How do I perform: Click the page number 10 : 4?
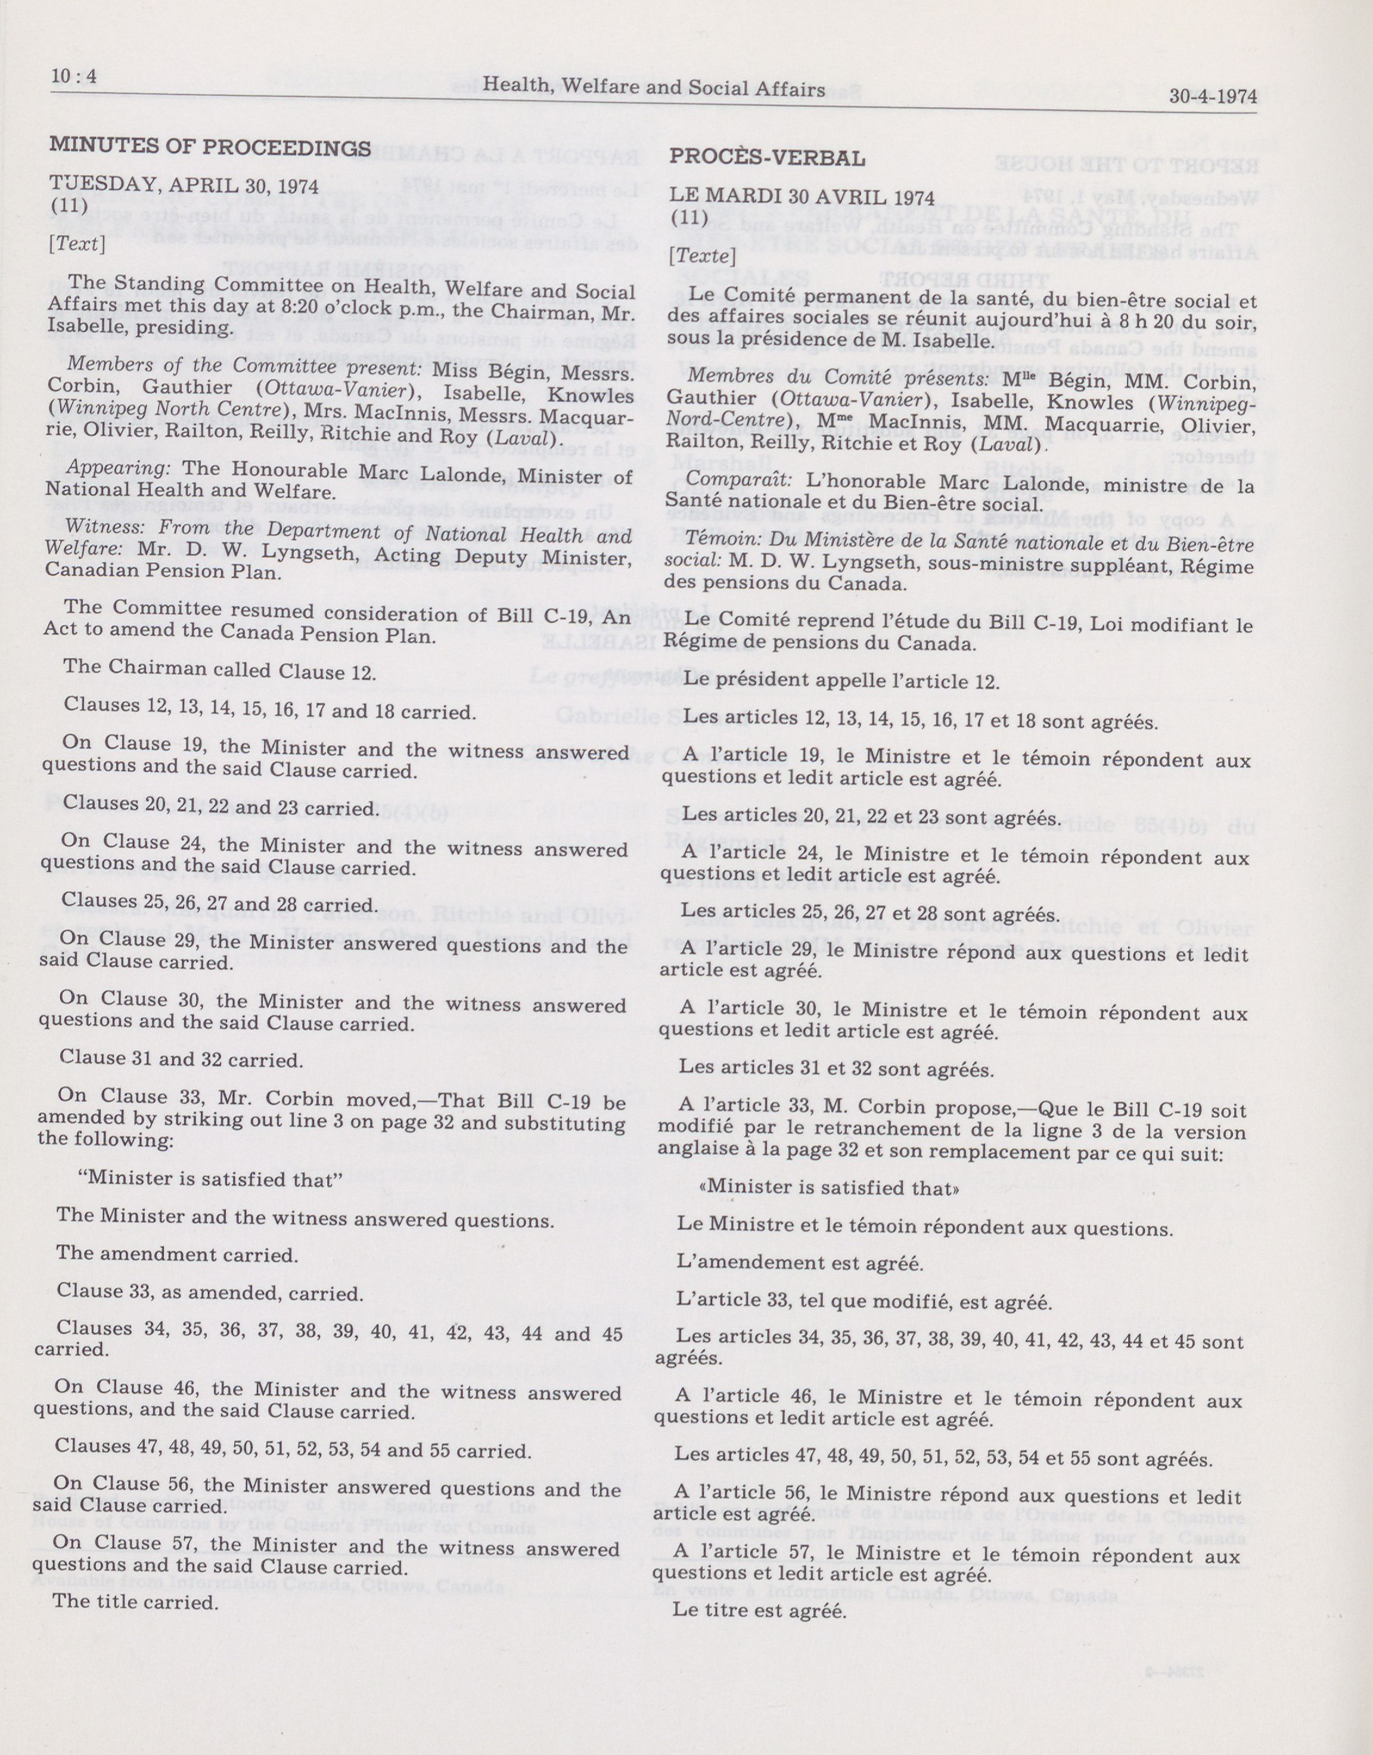[73, 76]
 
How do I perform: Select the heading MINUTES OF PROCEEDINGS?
[210, 147]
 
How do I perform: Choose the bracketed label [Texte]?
[702, 256]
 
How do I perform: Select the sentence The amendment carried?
[177, 1254]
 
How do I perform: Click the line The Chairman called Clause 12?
[219, 671]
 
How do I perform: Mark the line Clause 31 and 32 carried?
[182, 1059]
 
